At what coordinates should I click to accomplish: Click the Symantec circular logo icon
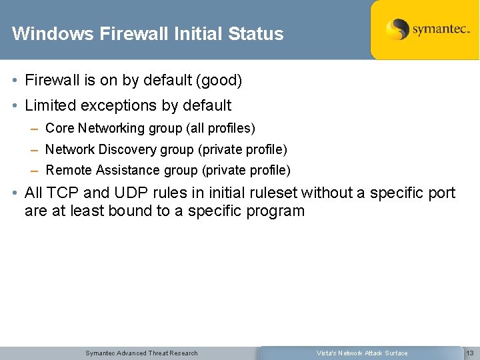(397, 30)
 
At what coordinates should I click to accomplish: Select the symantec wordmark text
(441, 30)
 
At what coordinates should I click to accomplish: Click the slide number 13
(469, 353)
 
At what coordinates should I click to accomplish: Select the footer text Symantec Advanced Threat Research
(141, 353)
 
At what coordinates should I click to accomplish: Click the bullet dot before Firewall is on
(15, 81)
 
